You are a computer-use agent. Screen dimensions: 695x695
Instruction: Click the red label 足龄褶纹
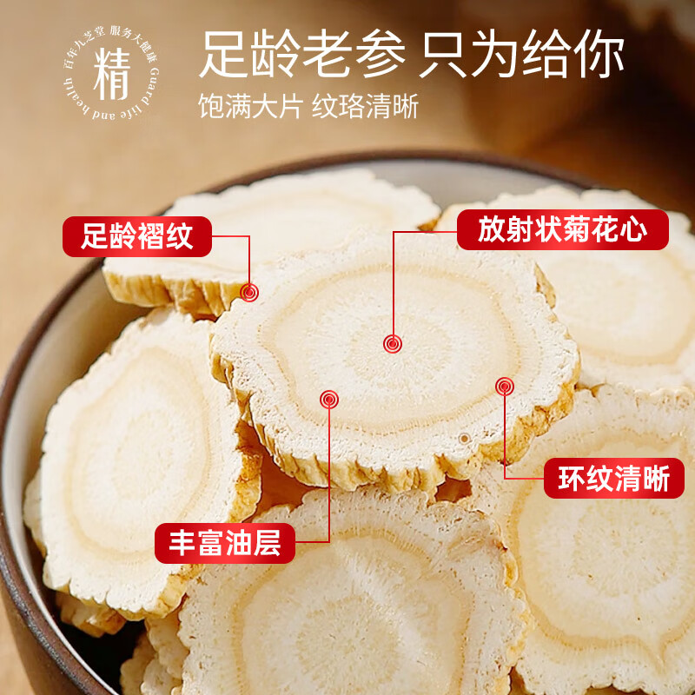pyautogui.click(x=136, y=236)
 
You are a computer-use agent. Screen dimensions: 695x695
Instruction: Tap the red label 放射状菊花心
pyautogui.click(x=562, y=229)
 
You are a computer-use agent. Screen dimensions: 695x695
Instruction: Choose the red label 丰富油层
pyautogui.click(x=224, y=543)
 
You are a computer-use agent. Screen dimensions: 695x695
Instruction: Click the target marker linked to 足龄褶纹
pyautogui.click(x=250, y=293)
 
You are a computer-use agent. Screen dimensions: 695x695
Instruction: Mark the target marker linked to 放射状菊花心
pyautogui.click(x=393, y=344)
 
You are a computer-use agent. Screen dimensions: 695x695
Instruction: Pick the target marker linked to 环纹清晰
pyautogui.click(x=504, y=386)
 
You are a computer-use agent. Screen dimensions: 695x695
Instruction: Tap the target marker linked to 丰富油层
pyautogui.click(x=328, y=399)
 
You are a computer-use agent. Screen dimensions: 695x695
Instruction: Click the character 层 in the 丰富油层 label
pyautogui.click(x=276, y=543)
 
